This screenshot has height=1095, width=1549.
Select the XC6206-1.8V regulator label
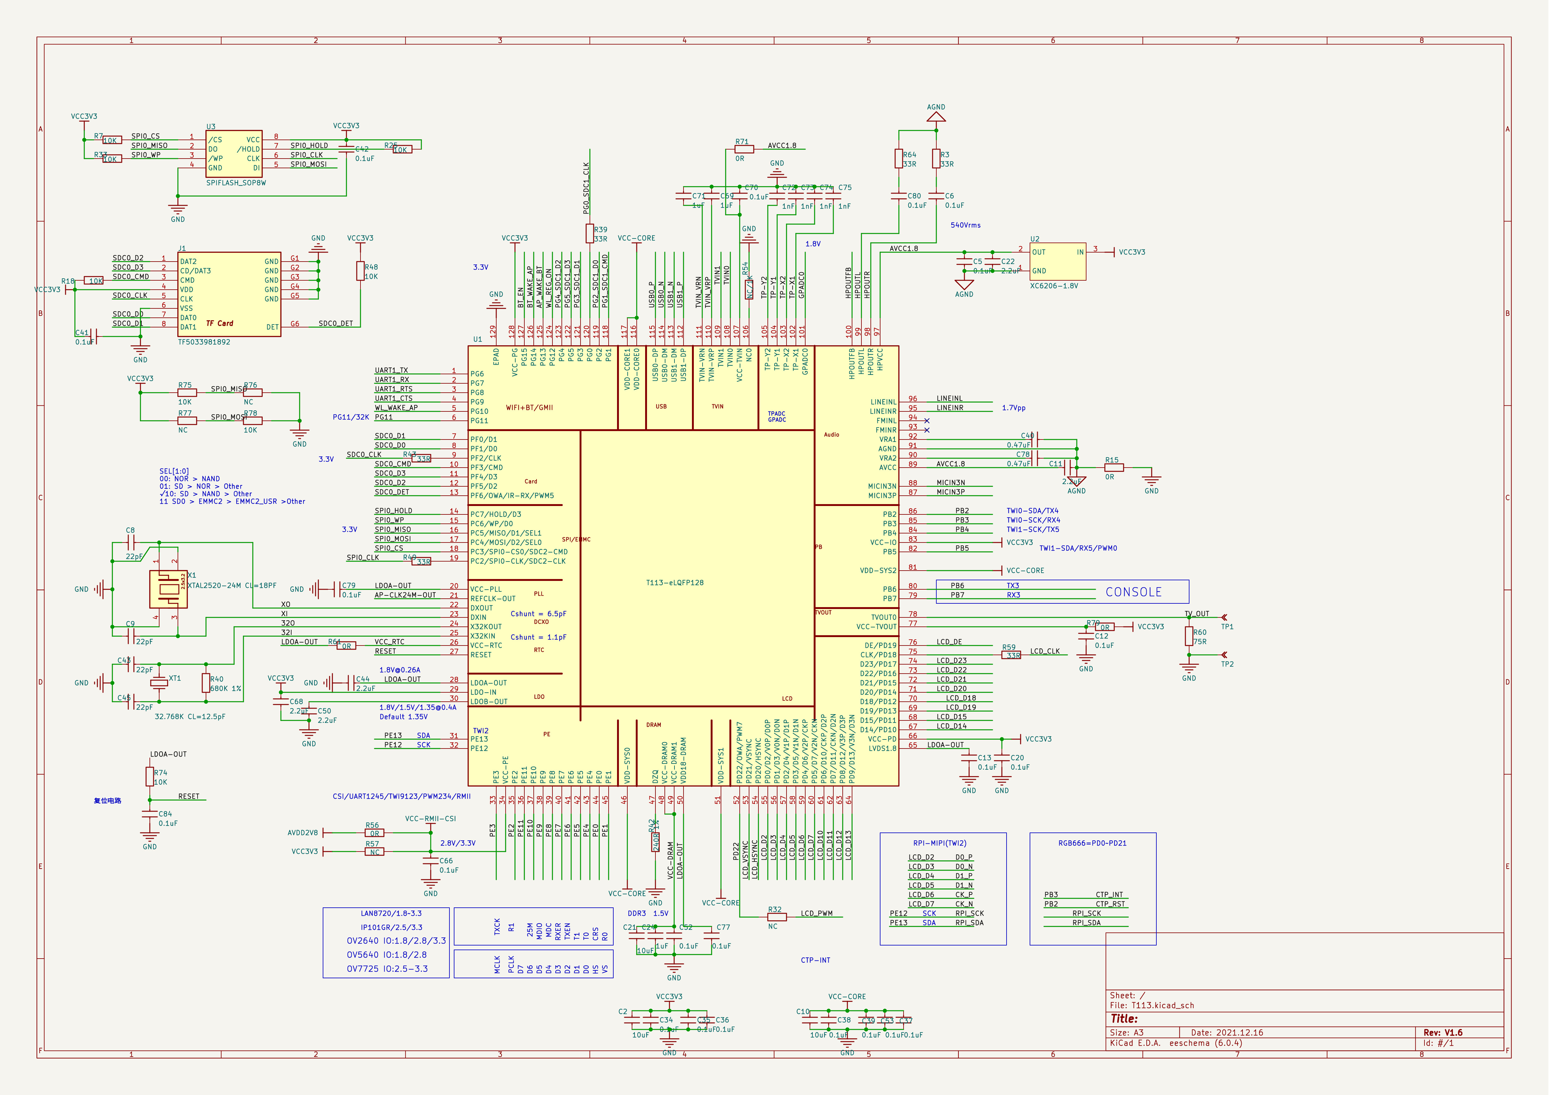[1054, 286]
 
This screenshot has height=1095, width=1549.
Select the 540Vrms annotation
[965, 225]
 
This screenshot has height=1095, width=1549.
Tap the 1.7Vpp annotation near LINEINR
[1013, 408]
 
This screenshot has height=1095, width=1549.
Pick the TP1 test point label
[1227, 627]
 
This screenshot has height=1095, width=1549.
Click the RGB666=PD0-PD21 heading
[1092, 843]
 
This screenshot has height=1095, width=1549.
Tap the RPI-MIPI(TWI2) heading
[940, 843]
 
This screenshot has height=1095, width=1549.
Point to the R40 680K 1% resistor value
[225, 689]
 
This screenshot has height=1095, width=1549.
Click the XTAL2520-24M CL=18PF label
[231, 586]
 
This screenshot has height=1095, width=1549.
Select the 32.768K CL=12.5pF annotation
[190, 716]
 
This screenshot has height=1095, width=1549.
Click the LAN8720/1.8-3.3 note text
[391, 914]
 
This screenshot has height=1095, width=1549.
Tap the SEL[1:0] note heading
[174, 472]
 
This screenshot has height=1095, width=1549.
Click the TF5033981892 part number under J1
[204, 342]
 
